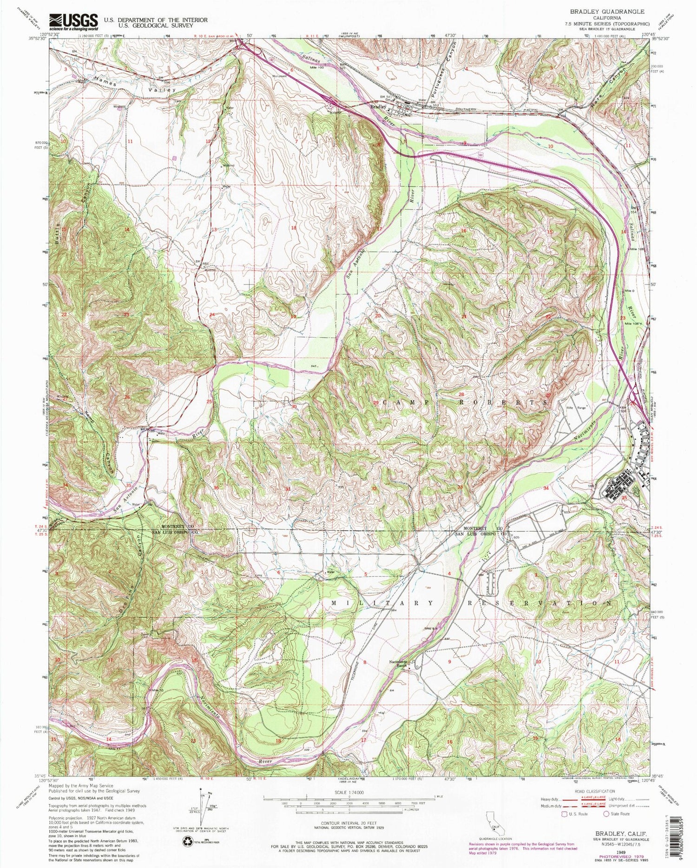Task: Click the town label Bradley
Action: pyautogui.click(x=378, y=106)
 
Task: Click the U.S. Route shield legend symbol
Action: pyautogui.click(x=564, y=814)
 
